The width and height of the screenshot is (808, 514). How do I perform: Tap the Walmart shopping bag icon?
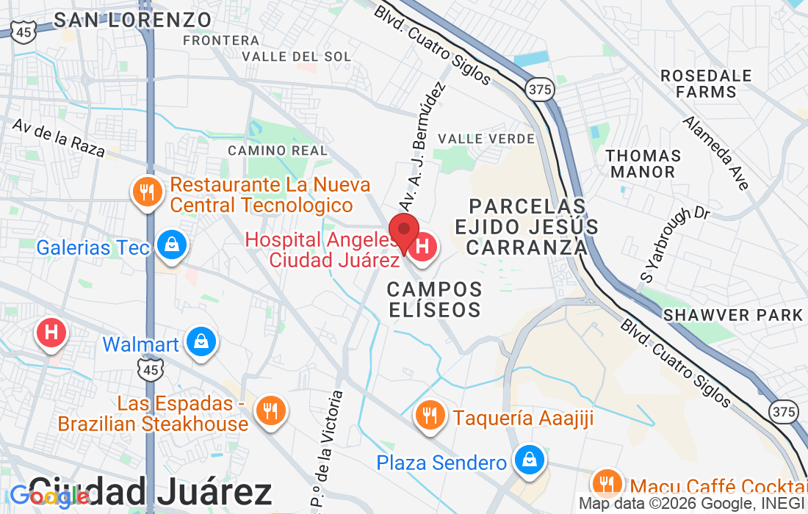pos(200,342)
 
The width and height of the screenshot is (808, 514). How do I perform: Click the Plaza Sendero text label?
pos(441,463)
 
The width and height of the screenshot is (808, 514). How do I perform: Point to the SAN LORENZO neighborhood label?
pos(133,19)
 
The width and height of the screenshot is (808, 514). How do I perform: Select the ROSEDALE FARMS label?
pos(706,84)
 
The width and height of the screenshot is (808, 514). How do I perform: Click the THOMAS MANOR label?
pos(643,164)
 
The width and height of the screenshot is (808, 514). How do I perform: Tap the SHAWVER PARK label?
pos(732,315)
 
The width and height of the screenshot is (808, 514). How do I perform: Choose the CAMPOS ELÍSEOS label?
pos(434,299)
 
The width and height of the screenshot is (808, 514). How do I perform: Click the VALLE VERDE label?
pos(486,139)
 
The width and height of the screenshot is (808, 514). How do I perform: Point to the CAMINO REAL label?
pos(278,151)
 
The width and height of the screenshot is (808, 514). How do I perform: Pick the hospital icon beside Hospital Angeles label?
pos(422,246)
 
